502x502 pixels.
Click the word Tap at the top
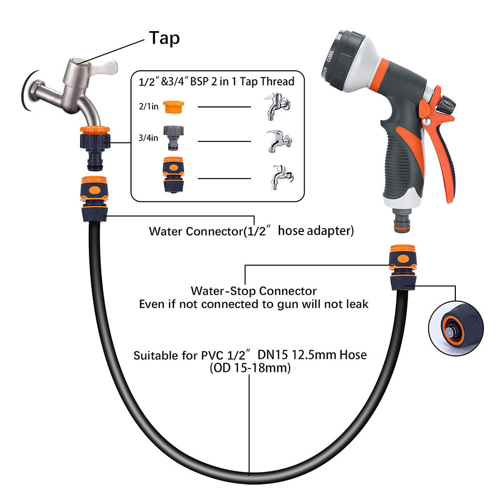tap(164, 38)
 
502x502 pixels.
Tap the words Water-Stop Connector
tap(254, 291)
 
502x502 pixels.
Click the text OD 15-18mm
tap(250, 368)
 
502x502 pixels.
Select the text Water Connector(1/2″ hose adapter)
tap(251, 231)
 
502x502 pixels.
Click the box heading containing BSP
tap(219, 80)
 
